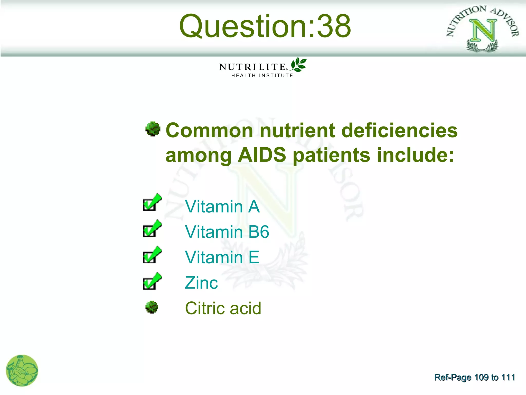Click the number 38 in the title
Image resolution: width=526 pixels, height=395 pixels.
coord(334,26)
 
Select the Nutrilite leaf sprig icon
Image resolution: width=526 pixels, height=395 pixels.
coord(298,65)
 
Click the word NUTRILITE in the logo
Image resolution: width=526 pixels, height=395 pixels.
coord(252,67)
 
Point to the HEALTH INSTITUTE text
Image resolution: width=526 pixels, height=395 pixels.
coord(262,75)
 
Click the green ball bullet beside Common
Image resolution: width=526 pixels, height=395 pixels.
coord(153,129)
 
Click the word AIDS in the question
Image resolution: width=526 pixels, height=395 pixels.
coord(262,155)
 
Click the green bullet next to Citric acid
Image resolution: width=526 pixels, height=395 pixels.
coord(152,307)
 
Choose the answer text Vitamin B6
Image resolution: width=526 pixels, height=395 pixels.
coord(227,232)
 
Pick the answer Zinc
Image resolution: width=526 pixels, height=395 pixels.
coord(201,283)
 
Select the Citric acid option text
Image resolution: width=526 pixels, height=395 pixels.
coord(223,308)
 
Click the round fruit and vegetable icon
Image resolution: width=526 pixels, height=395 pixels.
coord(22,370)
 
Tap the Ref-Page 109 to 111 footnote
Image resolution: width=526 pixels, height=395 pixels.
coord(475,377)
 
